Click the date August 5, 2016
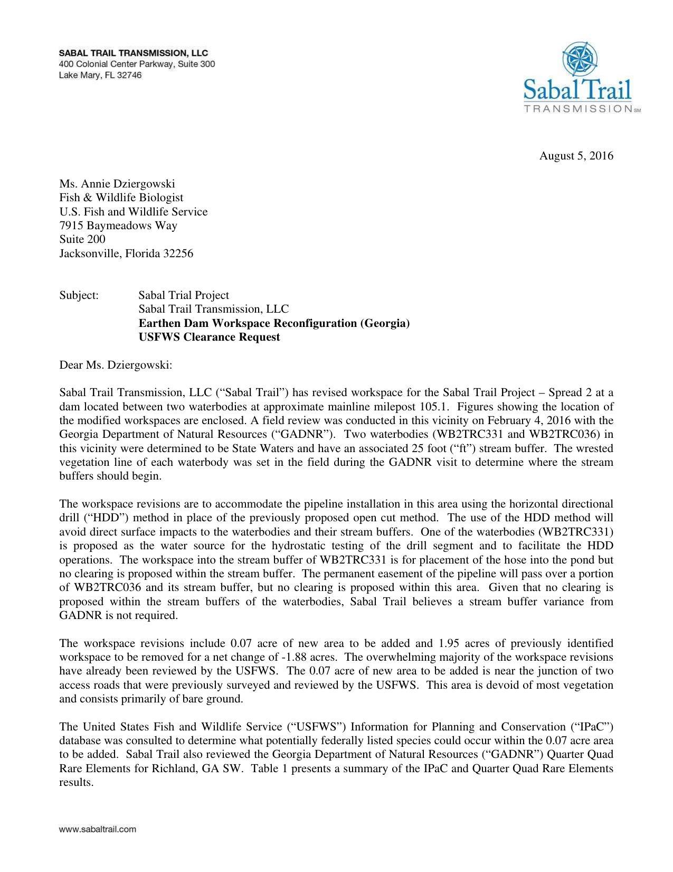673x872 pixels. pos(576,156)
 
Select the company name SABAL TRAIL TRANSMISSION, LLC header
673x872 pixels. pos(134,53)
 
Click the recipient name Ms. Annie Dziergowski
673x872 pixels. pos(117,184)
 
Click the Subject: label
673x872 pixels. pos(79,295)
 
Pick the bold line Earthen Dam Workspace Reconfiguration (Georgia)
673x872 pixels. pos(274,323)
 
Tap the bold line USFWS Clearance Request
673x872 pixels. pos(209,337)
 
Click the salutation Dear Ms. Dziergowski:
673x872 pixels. pos(116,365)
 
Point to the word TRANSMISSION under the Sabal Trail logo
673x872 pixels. pos(578,109)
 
